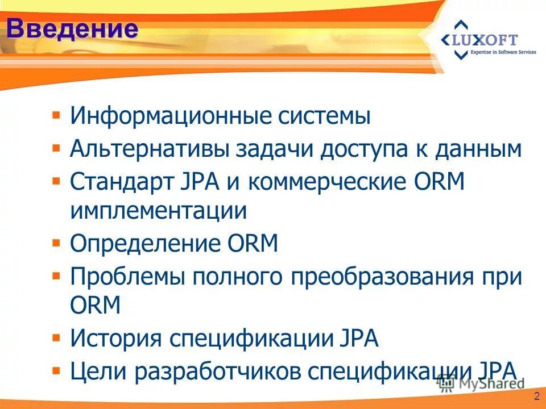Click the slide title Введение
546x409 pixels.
(73, 28)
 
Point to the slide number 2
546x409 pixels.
(535, 396)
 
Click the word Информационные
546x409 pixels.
(170, 117)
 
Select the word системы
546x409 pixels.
(324, 117)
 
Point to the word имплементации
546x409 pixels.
(159, 212)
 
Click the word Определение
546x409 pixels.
(142, 244)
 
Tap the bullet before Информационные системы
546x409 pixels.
(56, 116)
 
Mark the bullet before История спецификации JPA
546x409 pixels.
(56, 338)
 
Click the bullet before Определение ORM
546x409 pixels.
(56, 243)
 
